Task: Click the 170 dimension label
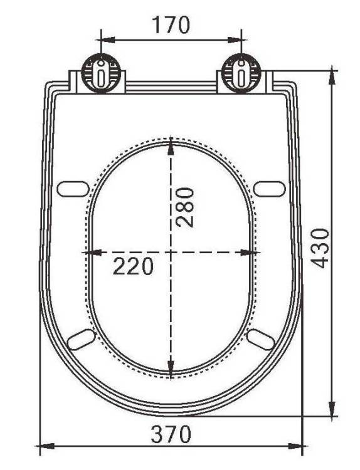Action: tap(171, 25)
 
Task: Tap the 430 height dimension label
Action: tap(319, 248)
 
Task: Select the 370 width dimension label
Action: tap(171, 434)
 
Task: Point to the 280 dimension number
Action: tap(185, 207)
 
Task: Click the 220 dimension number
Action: tap(133, 266)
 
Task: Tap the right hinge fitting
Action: tap(241, 73)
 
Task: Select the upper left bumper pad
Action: tap(73, 189)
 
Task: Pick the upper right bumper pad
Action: tap(269, 189)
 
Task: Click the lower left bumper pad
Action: tap(81, 339)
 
